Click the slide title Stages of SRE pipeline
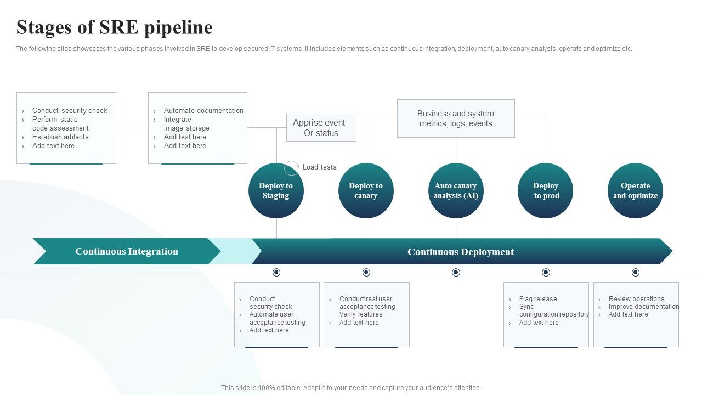[115, 27]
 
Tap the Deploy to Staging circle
[276, 191]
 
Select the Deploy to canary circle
[366, 191]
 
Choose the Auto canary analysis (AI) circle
[456, 191]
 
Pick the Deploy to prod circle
[546, 191]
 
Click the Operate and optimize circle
[635, 191]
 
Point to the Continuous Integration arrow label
[127, 251]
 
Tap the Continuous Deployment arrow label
[461, 252]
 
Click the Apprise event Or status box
[321, 128]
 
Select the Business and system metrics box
[456, 119]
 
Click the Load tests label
[319, 167]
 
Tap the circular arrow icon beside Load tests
[292, 168]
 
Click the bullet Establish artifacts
[60, 137]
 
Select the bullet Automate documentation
[203, 111]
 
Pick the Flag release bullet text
[538, 299]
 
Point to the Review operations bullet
[636, 299]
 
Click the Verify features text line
[361, 314]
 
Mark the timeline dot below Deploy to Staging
[276, 273]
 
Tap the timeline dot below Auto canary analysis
[456, 273]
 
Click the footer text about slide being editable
[351, 388]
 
